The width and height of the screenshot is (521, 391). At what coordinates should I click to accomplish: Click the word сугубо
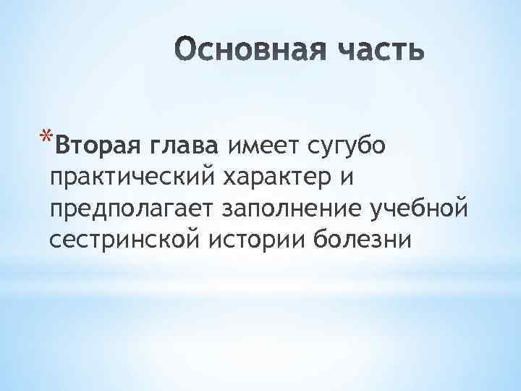(336, 148)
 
